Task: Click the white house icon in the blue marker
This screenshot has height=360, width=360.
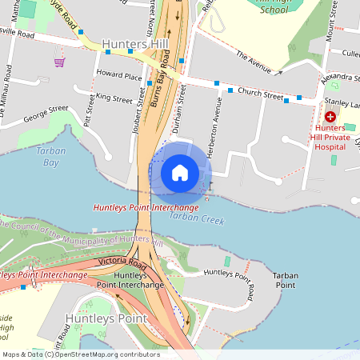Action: [179, 172]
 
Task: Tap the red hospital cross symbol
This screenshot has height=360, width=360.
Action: [330, 116]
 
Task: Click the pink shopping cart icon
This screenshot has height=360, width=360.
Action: [59, 62]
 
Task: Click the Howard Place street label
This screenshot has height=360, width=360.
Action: [119, 77]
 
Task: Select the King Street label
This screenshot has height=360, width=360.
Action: [114, 99]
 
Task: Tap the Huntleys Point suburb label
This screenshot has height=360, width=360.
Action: [106, 318]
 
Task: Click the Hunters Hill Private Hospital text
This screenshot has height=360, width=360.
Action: [335, 136]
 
